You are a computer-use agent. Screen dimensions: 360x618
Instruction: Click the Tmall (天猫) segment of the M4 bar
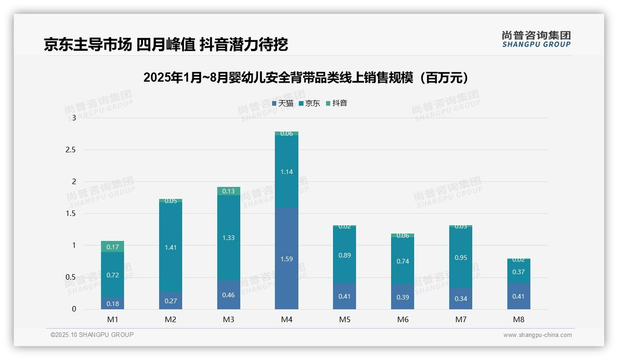pos(286,258)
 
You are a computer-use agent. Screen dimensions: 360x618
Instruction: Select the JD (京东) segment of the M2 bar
pos(171,247)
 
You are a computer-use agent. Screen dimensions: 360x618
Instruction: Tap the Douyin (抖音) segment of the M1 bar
pos(113,246)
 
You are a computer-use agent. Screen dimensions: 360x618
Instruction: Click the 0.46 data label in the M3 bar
pos(228,295)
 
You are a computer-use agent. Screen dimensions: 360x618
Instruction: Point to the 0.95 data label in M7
pos(460,258)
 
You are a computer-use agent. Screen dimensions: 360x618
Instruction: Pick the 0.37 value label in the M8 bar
pos(518,272)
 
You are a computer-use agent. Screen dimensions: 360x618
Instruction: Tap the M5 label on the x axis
pos(345,319)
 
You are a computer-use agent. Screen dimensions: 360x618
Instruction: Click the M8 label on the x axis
pos(518,319)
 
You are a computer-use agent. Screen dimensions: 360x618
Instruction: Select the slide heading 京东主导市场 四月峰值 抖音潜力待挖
pos(166,45)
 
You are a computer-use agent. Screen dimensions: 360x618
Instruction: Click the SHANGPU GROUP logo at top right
pos(536,39)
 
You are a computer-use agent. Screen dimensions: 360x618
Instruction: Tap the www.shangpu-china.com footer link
pos(537,335)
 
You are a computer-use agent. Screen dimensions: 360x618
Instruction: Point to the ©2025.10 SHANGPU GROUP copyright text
pos(92,335)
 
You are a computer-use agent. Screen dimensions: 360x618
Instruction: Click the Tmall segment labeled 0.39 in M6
pos(402,297)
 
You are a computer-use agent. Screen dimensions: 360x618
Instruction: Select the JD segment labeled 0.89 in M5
pos(345,255)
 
